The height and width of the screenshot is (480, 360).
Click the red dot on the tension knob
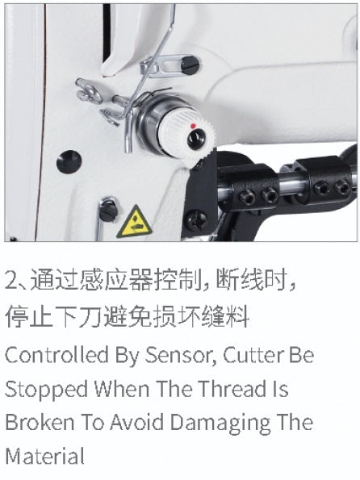pyautogui.click(x=193, y=126)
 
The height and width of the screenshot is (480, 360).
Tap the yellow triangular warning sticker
pyautogui.click(x=134, y=222)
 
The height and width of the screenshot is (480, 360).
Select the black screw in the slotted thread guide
pyautogui.click(x=190, y=65)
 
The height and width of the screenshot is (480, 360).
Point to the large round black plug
pyautogui.click(x=69, y=161)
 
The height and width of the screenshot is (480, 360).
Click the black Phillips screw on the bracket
pyautogui.click(x=195, y=219)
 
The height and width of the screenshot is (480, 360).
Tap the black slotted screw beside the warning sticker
pyautogui.click(x=108, y=212)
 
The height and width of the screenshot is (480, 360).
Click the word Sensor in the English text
pyautogui.click(x=181, y=355)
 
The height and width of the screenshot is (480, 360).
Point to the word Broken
pyautogui.click(x=40, y=422)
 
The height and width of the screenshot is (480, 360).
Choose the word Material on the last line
pyautogui.click(x=44, y=456)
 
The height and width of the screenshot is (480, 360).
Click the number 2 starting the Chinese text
pyautogui.click(x=11, y=281)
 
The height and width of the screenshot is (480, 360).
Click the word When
pyautogui.click(x=122, y=389)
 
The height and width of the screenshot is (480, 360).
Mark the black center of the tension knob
pyautogui.click(x=196, y=139)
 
